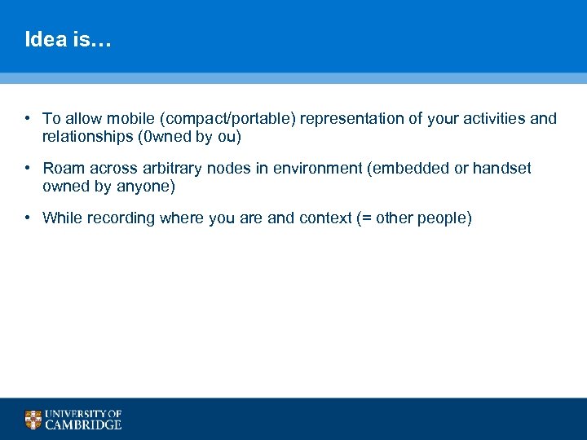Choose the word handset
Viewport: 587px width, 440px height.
coord(501,169)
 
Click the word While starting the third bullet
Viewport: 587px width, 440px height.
coord(63,218)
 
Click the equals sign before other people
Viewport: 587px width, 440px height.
coord(368,218)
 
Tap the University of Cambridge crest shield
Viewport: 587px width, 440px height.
coord(33,420)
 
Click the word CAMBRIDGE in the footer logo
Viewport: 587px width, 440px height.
coord(83,425)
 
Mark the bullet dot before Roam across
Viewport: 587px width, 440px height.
coord(28,169)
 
